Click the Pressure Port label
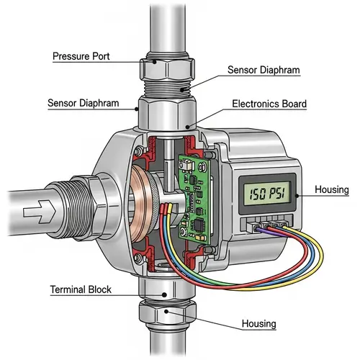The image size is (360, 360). click(81, 56)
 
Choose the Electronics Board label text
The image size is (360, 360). click(269, 104)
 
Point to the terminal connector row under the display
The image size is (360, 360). click(268, 225)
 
